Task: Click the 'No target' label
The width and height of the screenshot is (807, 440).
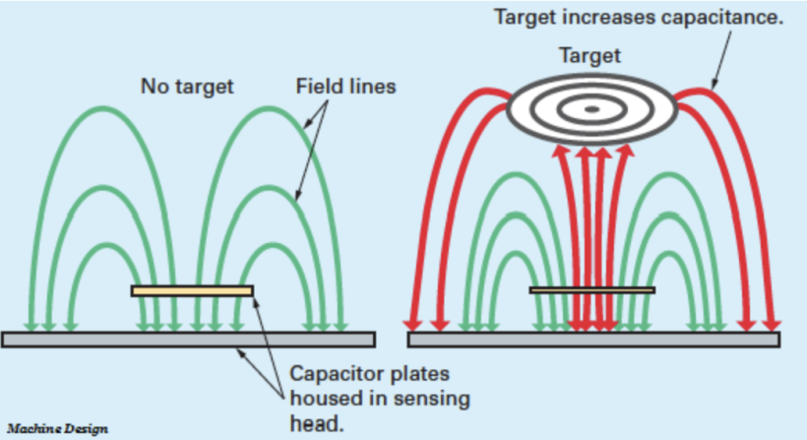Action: [x=186, y=87]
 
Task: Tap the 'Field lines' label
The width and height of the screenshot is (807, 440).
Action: [x=345, y=87]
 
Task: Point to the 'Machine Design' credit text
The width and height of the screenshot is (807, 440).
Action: [x=57, y=429]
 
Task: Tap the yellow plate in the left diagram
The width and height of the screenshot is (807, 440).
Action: [x=192, y=290]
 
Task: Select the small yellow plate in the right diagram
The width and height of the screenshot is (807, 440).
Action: [x=591, y=290]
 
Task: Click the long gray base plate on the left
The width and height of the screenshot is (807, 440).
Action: [x=188, y=340]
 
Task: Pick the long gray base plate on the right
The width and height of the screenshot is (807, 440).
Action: [x=593, y=340]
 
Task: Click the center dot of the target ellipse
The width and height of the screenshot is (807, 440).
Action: [x=591, y=108]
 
